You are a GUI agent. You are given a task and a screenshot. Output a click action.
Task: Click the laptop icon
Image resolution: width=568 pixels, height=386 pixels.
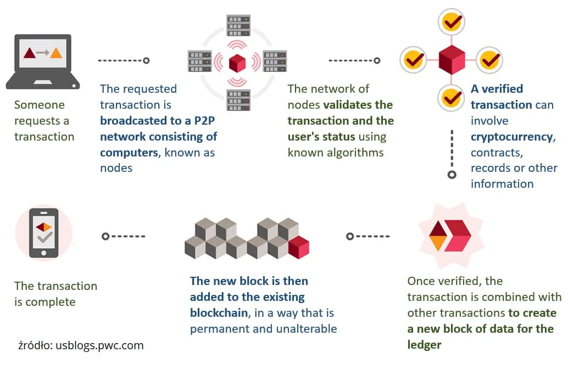(x=43, y=61)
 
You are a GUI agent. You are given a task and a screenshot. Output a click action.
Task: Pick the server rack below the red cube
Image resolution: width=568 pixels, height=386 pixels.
(x=238, y=99)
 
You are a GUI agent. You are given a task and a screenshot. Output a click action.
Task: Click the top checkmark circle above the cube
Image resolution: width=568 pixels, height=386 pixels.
(x=452, y=23)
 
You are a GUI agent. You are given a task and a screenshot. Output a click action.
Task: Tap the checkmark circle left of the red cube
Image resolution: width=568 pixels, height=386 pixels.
(x=413, y=59)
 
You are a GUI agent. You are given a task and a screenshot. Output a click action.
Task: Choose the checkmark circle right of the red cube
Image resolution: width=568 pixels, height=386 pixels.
(x=488, y=60)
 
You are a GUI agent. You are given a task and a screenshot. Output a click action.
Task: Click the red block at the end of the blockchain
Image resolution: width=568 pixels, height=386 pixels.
(x=299, y=248)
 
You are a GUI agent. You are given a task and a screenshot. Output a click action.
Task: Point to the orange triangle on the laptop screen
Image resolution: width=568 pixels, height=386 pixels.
(x=56, y=53)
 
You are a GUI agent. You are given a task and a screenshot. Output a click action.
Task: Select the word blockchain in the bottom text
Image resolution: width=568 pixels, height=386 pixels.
(x=219, y=313)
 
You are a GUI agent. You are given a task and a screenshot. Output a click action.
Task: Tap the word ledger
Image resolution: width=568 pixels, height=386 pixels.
(x=424, y=345)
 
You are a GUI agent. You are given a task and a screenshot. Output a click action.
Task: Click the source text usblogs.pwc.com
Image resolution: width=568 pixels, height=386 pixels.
(x=99, y=346)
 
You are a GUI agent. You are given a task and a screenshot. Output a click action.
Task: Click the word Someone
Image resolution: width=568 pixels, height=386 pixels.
(x=39, y=105)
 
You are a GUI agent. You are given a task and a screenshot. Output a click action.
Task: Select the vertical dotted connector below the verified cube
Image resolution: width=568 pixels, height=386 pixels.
(x=452, y=154)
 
